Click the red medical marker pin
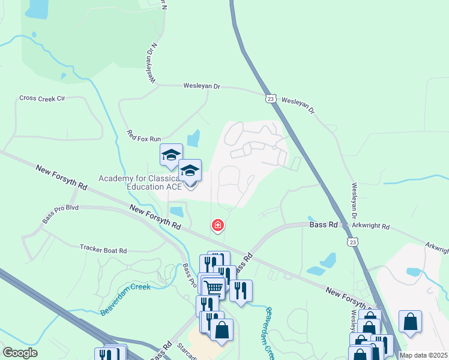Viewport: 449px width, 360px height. tap(217, 226)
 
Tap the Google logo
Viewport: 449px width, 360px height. tap(20, 353)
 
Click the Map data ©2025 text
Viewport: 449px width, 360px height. tap(423, 355)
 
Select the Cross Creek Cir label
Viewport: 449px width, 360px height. tap(41, 98)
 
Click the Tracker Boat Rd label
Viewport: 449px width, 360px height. tap(103, 248)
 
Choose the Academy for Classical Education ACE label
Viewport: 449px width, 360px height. tap(140, 182)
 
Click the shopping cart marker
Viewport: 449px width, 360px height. tap(212, 288)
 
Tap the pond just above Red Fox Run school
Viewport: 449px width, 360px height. tap(193, 139)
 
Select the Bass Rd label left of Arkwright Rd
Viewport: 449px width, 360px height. tap(322, 225)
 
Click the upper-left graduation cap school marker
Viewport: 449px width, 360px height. tap(171, 155)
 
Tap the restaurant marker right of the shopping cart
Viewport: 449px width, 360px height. tap(241, 290)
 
